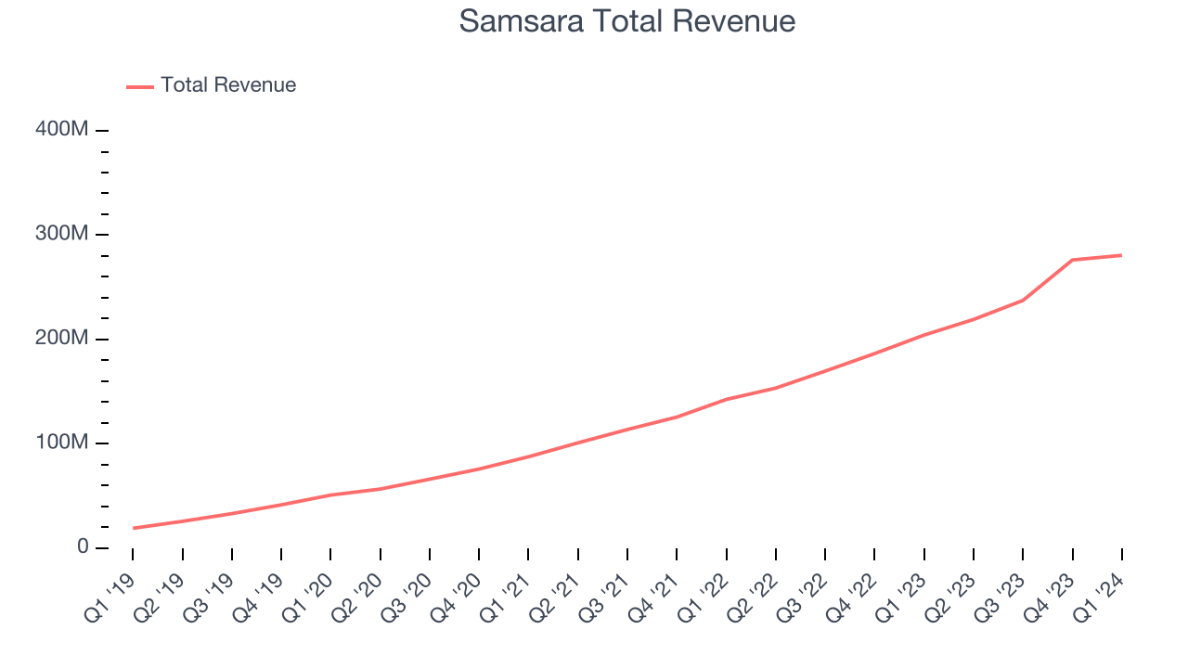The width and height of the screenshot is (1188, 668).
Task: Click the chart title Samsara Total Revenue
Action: click(x=627, y=21)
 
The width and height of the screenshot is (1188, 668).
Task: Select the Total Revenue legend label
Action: click(x=228, y=85)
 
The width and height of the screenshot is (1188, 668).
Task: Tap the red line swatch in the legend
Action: click(x=140, y=87)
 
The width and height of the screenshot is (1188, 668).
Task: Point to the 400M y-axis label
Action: click(x=62, y=129)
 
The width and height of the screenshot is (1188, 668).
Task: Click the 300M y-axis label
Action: click(x=62, y=234)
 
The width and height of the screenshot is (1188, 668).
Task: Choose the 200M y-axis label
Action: click(x=62, y=339)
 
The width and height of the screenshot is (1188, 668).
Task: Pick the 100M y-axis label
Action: click(x=62, y=443)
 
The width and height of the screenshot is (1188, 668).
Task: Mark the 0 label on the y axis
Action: click(x=82, y=547)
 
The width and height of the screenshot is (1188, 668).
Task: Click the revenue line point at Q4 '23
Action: click(x=1072, y=260)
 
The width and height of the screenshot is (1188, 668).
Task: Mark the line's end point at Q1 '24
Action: click(x=1121, y=255)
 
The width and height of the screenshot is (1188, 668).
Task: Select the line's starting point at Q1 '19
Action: click(x=134, y=528)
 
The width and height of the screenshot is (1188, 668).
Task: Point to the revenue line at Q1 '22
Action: click(x=726, y=399)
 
